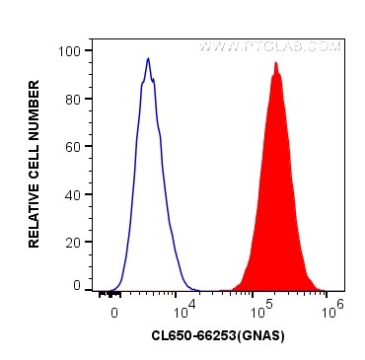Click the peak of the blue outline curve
pos(147,58)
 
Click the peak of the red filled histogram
pos(276,63)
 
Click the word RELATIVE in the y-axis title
pos(35,212)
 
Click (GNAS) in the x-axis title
pos(261,336)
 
